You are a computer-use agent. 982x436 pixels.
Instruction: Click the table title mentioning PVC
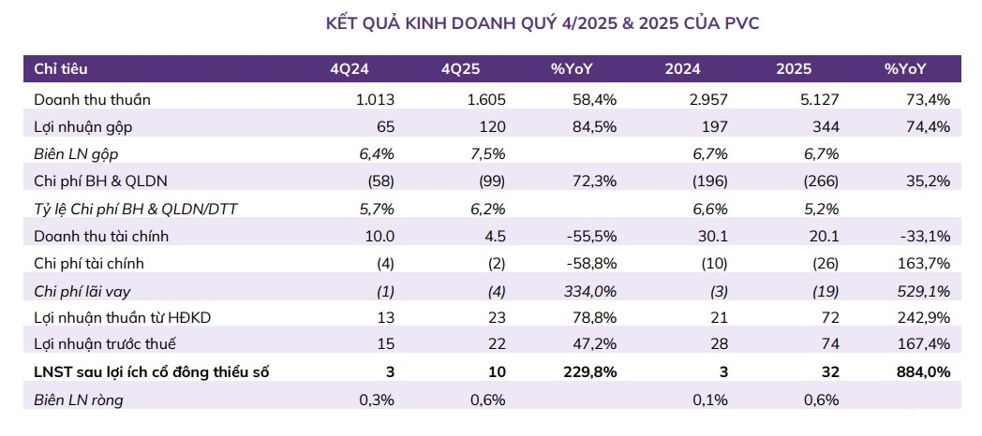(542, 23)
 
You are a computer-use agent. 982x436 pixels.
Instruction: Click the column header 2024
(682, 69)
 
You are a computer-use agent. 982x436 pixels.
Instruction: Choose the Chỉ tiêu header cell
(62, 69)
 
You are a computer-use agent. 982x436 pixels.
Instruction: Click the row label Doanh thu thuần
(92, 98)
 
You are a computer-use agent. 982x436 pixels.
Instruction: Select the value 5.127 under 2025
(818, 98)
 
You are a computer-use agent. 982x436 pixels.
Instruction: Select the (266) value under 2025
(818, 181)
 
